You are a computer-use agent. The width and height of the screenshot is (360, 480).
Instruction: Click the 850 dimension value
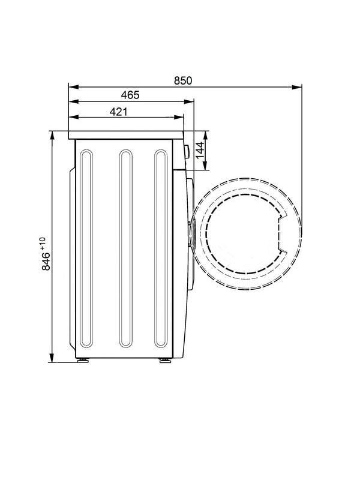[183, 81]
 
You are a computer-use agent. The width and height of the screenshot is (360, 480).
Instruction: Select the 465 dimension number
[130, 95]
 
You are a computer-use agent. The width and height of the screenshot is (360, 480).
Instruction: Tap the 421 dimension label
[118, 112]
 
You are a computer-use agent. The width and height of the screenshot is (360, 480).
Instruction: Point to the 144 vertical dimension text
[200, 151]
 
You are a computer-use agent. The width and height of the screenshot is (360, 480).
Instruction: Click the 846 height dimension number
[46, 261]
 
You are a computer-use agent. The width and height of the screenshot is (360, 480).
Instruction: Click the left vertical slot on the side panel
[86, 248]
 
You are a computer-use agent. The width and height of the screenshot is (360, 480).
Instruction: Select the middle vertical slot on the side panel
[126, 248]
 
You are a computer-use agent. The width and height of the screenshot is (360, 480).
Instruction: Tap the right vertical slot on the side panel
[161, 248]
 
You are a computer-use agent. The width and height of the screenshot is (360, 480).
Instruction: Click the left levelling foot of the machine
[83, 361]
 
